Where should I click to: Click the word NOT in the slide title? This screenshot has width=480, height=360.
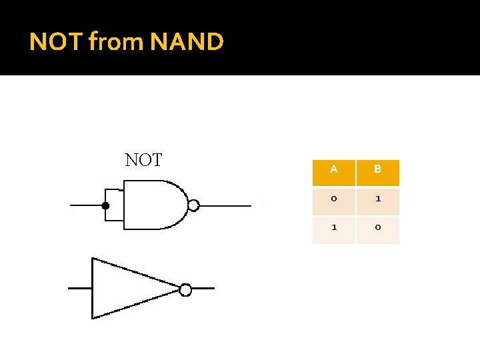[56, 42]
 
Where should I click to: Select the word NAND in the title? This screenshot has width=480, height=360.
[187, 42]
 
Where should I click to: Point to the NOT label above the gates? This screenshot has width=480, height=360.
[143, 160]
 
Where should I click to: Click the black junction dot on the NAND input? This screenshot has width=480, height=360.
[105, 206]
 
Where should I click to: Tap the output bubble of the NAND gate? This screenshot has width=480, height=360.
[193, 205]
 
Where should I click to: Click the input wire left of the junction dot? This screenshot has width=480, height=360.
[85, 206]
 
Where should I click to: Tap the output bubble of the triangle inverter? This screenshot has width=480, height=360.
[185, 289]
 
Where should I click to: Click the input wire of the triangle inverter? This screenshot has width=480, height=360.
[80, 288]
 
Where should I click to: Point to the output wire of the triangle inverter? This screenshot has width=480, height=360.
[203, 289]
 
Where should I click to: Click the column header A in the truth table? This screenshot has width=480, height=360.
[333, 169]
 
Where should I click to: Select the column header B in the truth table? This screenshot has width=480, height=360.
[377, 169]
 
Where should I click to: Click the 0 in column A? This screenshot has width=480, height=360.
[333, 198]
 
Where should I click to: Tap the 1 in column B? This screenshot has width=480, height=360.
[377, 198]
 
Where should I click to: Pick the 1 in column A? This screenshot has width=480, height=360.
[333, 227]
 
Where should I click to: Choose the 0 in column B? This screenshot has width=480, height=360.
[377, 227]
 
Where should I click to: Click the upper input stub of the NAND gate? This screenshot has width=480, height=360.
[115, 191]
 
